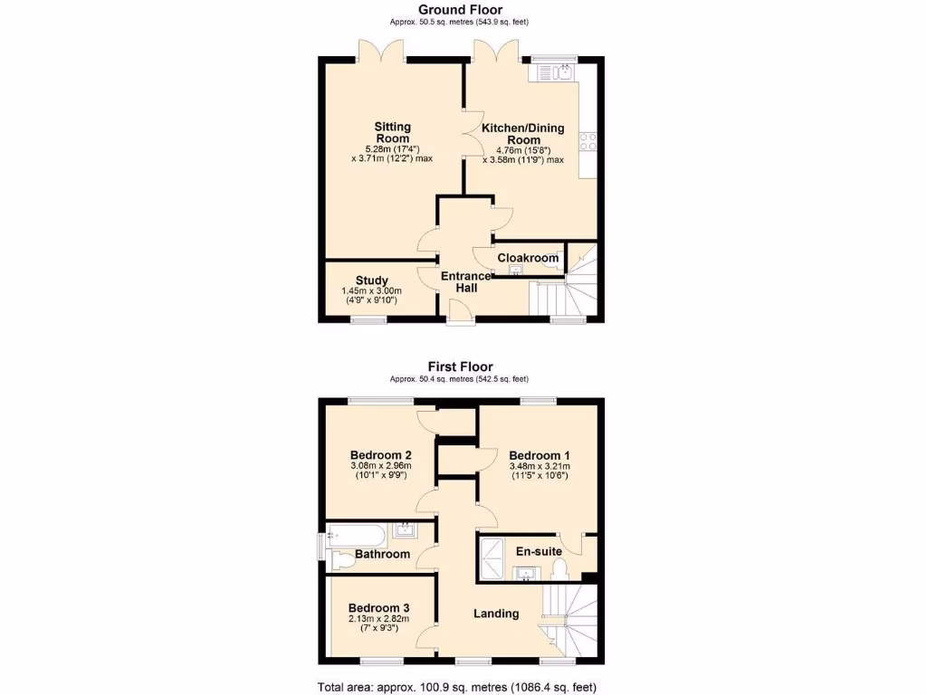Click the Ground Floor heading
[x=460, y=10]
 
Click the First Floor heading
[x=460, y=367]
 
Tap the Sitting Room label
[x=393, y=132]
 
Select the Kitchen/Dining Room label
[x=523, y=134]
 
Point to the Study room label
[x=371, y=281]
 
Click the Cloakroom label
[x=528, y=258]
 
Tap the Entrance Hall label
[x=465, y=281]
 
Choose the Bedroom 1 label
[x=539, y=455]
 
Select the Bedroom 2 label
[x=381, y=455]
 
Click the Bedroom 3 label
[x=379, y=607]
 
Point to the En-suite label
[x=539, y=551]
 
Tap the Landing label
[x=496, y=614]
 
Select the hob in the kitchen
[x=588, y=141]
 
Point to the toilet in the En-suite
[x=559, y=568]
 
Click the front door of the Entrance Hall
[x=460, y=312]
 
